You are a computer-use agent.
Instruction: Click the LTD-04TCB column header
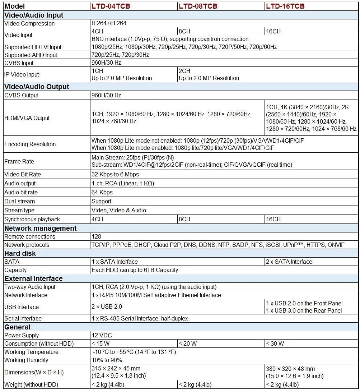pos(111,6)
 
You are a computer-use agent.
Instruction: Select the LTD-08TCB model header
pos(198,6)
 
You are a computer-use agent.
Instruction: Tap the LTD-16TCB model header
pos(285,6)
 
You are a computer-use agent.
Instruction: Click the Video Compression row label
pos(29,23)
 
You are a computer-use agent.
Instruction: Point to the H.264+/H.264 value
pos(109,23)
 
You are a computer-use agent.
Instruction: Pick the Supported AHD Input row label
pos(31,55)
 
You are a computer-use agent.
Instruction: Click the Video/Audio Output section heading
pos(37,87)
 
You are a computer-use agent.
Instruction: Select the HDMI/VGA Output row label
pos(27,118)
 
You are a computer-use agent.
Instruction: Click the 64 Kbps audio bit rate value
pos(102,192)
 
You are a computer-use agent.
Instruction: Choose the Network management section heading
pos(40,228)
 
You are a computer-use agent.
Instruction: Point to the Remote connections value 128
pos(96,236)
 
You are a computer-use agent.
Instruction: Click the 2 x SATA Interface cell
pos(289,262)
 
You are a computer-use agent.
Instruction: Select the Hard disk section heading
pos(20,253)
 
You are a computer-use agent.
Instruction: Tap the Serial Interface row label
pos(23,318)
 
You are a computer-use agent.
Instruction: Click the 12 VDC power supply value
pos(102,335)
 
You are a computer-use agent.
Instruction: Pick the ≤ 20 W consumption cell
pos(188,343)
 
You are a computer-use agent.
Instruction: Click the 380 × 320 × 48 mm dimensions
pos(290,369)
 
